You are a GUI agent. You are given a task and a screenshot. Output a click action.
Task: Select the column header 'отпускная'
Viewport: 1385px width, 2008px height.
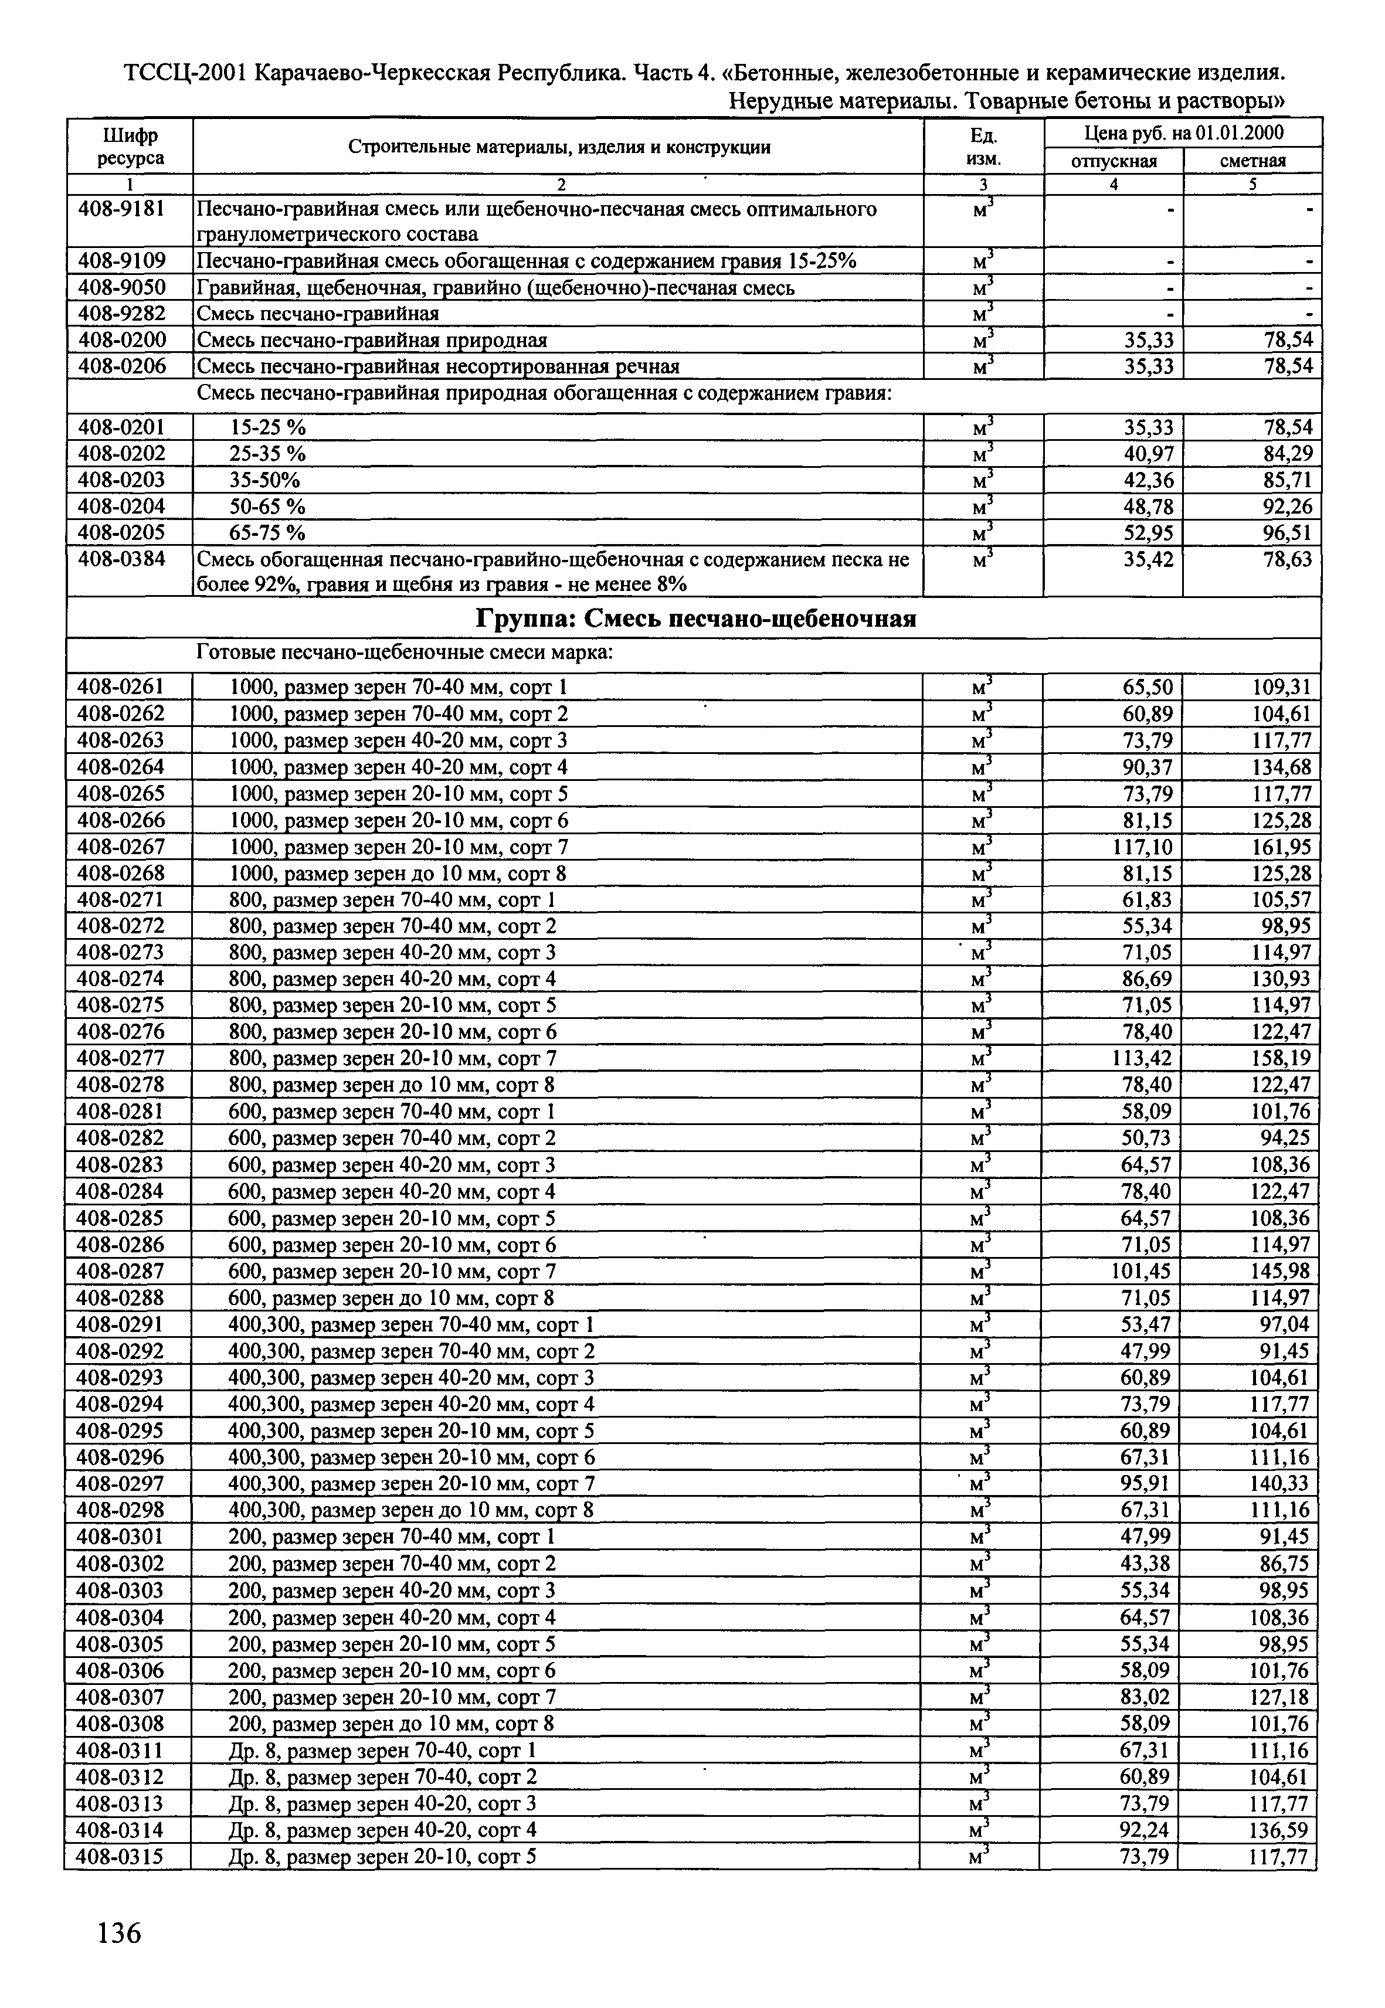point(1114,161)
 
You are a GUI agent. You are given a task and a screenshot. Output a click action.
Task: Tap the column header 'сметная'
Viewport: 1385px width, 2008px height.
point(1252,161)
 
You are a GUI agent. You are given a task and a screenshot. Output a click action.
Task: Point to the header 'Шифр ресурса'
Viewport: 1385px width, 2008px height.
point(130,147)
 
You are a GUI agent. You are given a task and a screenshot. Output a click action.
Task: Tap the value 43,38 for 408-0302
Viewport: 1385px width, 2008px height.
point(1146,1564)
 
